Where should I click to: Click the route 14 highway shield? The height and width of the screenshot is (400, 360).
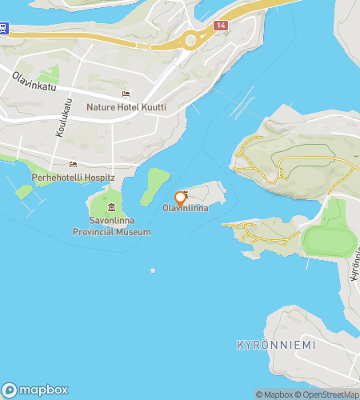(220, 26)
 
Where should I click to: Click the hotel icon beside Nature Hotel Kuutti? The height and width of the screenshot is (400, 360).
(149, 106)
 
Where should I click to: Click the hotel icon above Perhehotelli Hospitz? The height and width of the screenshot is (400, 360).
(74, 164)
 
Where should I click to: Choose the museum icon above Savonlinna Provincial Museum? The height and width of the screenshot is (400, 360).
(111, 209)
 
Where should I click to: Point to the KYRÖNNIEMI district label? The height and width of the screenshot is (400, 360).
(276, 345)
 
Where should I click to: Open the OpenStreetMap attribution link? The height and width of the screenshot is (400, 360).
(327, 394)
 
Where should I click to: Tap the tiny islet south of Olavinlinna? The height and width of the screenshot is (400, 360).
(153, 270)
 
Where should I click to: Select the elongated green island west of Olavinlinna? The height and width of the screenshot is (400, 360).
(156, 186)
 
